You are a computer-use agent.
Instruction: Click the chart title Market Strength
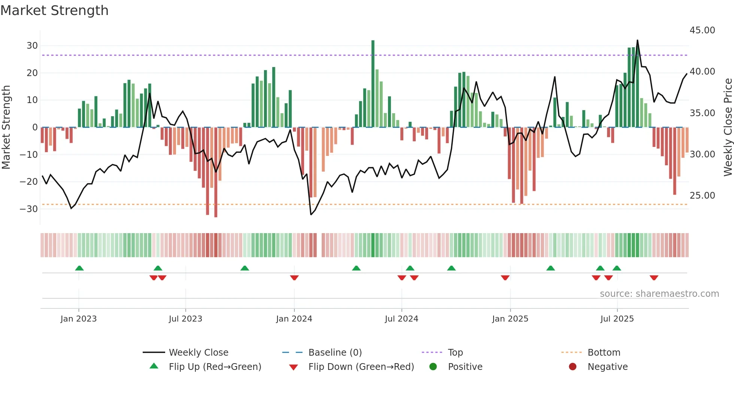(54, 10)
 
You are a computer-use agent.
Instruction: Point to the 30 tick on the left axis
(32, 46)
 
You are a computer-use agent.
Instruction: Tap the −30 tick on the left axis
(29, 209)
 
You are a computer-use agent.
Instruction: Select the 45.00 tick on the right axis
(702, 30)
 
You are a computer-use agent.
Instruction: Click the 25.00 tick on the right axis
(702, 196)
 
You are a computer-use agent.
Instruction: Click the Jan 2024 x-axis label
(294, 319)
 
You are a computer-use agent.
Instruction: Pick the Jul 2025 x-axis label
(617, 319)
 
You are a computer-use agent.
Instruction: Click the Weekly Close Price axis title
(728, 127)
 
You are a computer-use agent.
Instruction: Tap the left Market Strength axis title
(6, 127)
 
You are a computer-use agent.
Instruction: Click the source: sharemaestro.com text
(659, 294)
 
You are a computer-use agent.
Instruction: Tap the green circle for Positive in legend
(433, 367)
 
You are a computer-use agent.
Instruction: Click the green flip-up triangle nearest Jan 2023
(79, 268)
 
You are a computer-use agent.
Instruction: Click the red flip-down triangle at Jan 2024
(294, 278)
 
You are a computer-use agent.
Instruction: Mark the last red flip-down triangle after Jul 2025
(654, 278)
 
